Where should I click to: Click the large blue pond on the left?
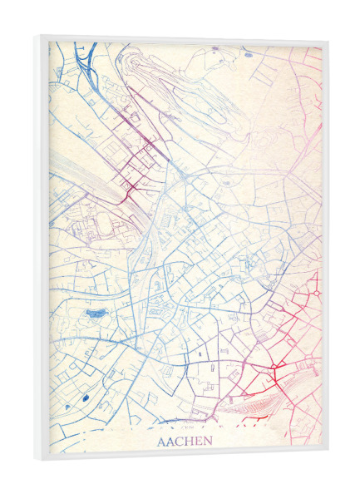point(96,314)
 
